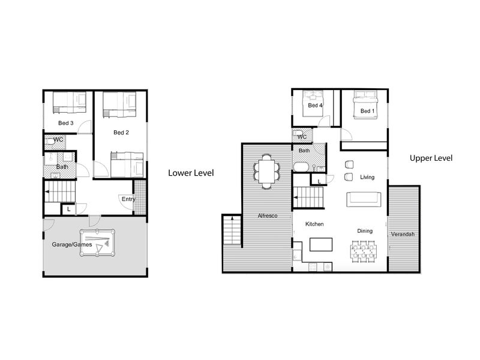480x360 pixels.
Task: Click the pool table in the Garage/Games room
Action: tap(97, 243)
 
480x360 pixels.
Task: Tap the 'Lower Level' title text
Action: tap(191, 173)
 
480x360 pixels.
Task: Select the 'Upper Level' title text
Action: tap(431, 158)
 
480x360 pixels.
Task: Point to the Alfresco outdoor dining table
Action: tap(266, 171)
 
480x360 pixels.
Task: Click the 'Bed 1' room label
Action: tap(367, 111)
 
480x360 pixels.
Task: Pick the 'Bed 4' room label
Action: tap(316, 106)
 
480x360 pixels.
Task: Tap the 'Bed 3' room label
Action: tap(66, 123)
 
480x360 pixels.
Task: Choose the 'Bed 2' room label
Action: tap(121, 133)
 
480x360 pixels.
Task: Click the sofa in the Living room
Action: tap(364, 199)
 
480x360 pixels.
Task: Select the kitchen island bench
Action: tap(321, 245)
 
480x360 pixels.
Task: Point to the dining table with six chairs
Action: tap(364, 251)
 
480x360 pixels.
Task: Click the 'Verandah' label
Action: tap(403, 234)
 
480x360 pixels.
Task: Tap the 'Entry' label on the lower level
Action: tap(128, 199)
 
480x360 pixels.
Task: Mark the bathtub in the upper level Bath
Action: tap(302, 167)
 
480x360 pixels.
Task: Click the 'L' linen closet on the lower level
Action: tap(69, 209)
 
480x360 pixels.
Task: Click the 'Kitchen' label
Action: tap(314, 224)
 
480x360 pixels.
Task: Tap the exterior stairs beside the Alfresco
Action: tap(232, 230)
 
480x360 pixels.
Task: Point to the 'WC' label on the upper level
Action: tap(302, 137)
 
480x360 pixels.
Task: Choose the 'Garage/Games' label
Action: tap(72, 245)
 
